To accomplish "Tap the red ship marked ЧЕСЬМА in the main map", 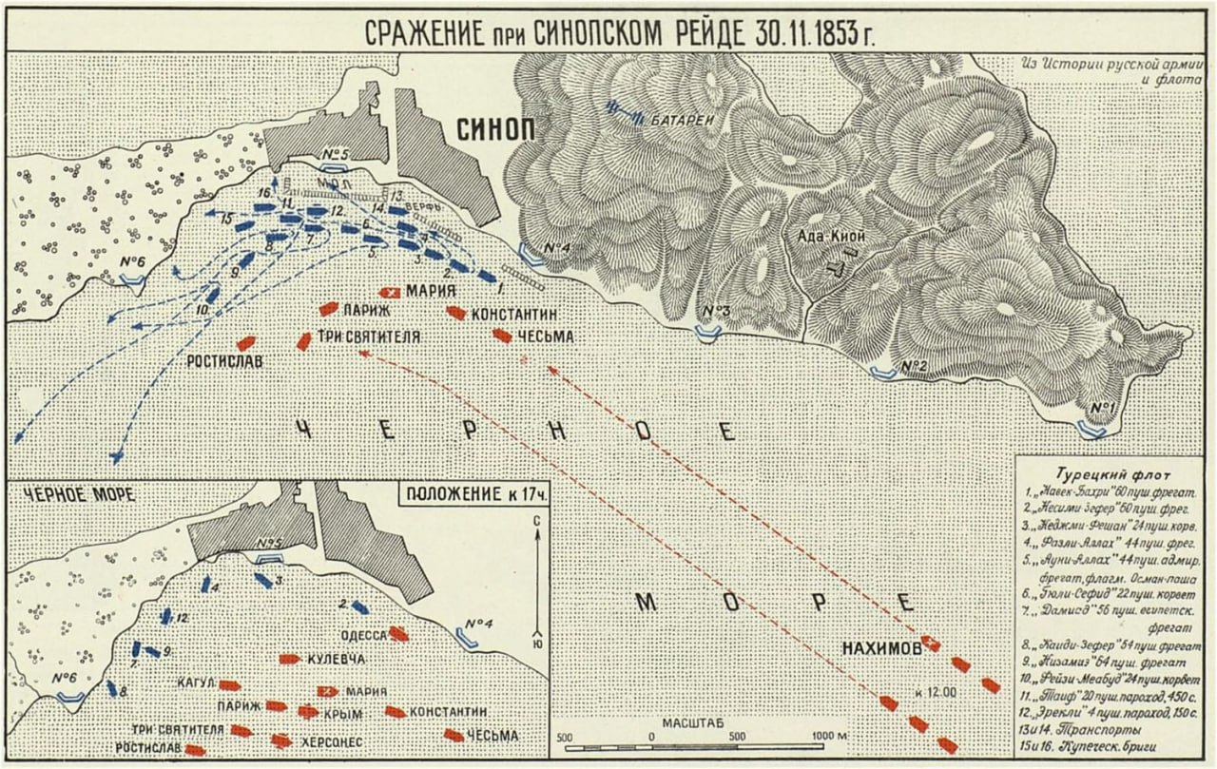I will point(502,335).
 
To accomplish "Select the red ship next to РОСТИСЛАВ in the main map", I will point(246,343).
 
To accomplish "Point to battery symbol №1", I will point(1091,430).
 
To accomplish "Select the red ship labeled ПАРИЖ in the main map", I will point(328,309).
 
